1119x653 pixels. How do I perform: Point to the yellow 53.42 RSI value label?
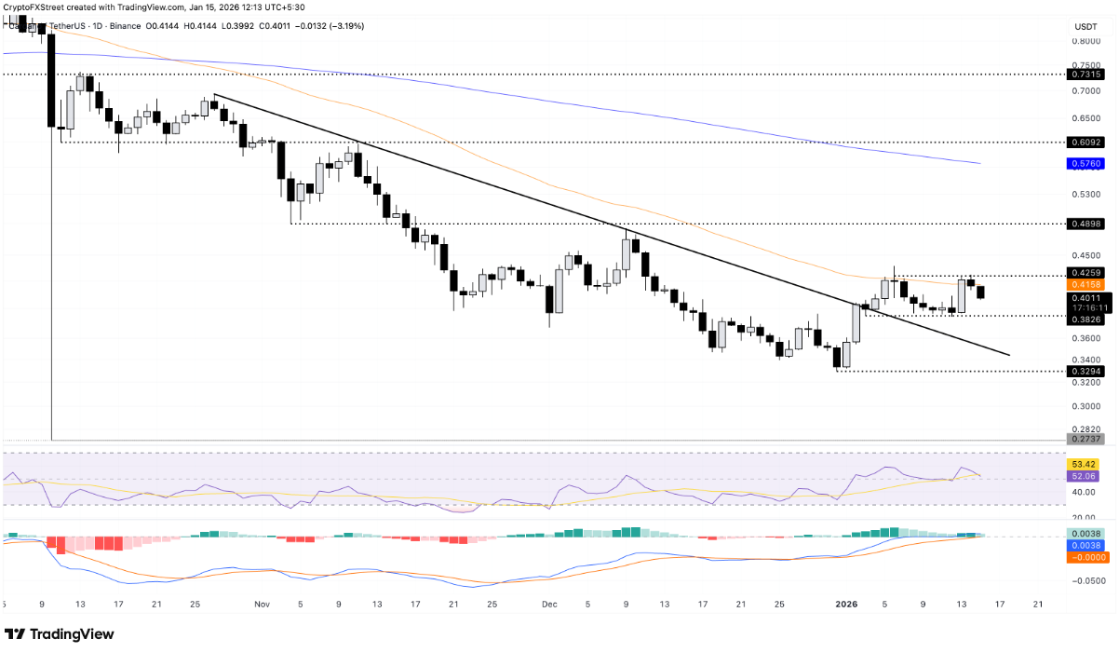1085,463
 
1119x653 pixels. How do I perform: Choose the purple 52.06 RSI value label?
1085,475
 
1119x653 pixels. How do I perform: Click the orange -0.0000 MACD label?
1085,556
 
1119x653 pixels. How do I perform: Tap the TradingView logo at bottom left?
60,633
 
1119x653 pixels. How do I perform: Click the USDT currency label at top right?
1085,26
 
